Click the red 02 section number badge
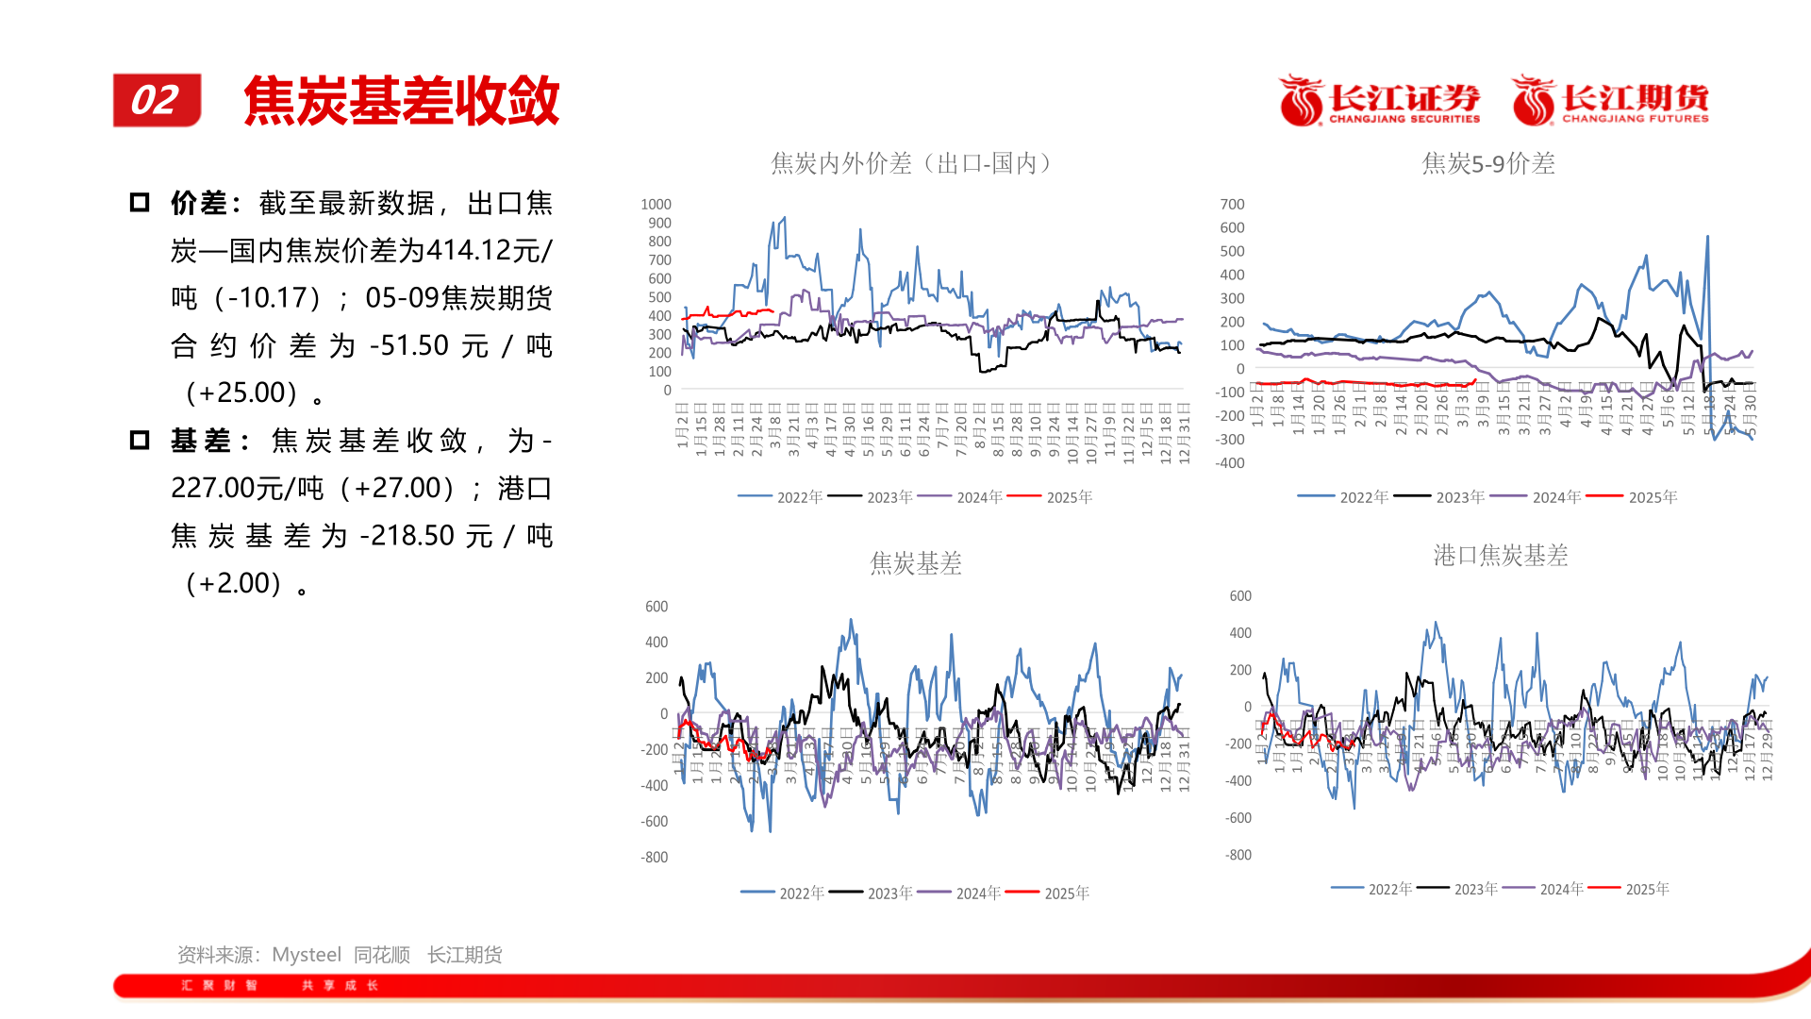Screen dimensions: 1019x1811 coord(157,100)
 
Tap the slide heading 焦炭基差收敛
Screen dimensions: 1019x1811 coord(402,101)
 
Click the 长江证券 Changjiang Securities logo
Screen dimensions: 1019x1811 coord(1379,100)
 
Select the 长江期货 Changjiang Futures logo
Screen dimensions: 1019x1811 coord(1611,100)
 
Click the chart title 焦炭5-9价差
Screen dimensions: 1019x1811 coord(1488,163)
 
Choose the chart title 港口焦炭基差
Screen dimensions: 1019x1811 coord(1500,555)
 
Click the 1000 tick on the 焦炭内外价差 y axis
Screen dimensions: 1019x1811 coord(656,204)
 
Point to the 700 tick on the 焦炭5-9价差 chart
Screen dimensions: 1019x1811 coord(1232,204)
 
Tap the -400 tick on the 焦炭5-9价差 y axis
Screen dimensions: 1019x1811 coord(1230,462)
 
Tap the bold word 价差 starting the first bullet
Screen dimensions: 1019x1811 coord(199,203)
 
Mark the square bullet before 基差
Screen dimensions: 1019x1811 coord(140,441)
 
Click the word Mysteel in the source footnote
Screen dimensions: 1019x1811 coord(307,955)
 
